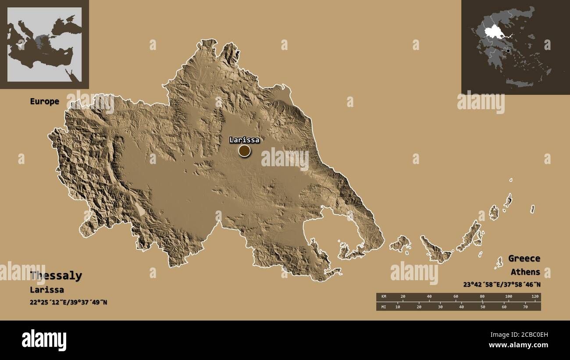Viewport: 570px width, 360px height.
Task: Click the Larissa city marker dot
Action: click(244, 151)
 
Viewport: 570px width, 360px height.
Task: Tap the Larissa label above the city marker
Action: click(244, 140)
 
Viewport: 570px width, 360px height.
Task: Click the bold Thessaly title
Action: click(56, 276)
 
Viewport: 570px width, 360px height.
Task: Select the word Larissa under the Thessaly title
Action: click(47, 290)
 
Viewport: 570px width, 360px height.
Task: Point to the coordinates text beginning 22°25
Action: click(68, 303)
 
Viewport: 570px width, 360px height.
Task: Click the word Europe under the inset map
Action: click(44, 101)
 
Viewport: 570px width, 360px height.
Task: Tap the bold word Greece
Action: click(524, 258)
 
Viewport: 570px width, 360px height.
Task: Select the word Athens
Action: click(525, 272)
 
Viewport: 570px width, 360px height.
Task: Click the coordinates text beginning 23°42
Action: click(502, 284)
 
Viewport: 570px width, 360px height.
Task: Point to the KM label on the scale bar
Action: click(384, 297)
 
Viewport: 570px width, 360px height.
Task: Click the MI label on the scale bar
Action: click(384, 307)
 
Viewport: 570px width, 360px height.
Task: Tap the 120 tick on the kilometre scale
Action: click(534, 297)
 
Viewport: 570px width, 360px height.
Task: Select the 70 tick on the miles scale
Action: click(525, 307)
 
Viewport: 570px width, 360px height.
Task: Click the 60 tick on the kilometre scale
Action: click(456, 297)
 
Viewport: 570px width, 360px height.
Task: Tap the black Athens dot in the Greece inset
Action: click(508, 51)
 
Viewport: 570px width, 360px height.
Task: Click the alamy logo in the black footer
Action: click(44, 340)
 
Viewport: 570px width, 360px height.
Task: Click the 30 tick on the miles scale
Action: click(440, 307)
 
